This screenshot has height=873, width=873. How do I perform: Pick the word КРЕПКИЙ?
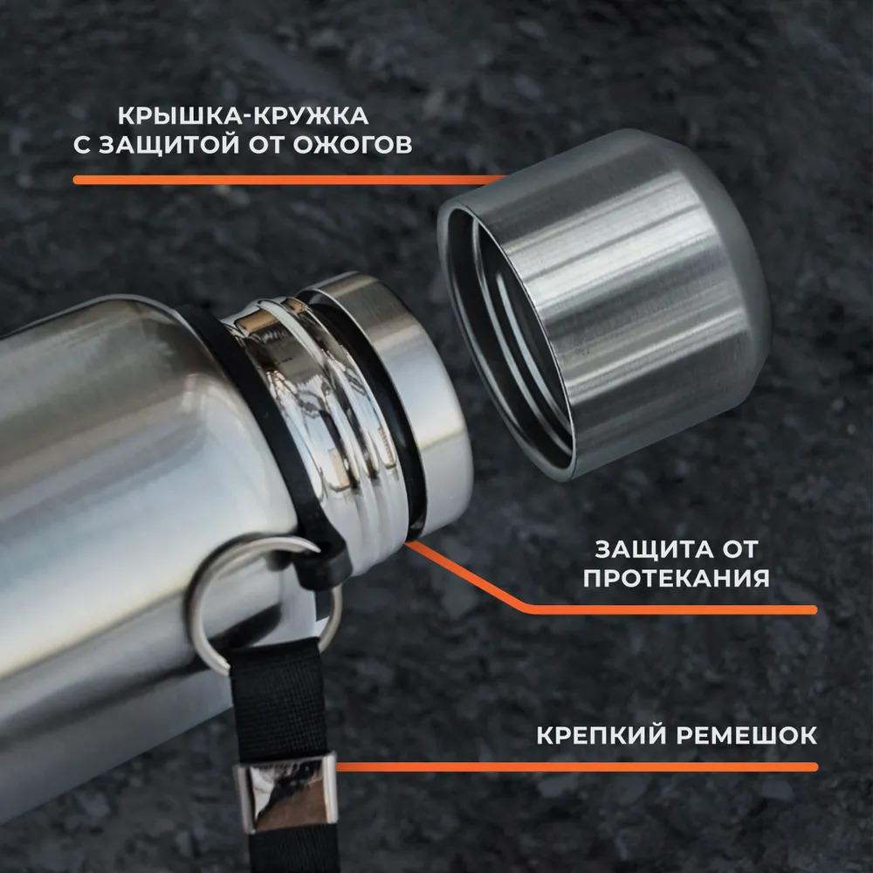(x=598, y=735)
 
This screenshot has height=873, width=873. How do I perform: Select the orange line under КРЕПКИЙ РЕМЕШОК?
(x=576, y=767)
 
